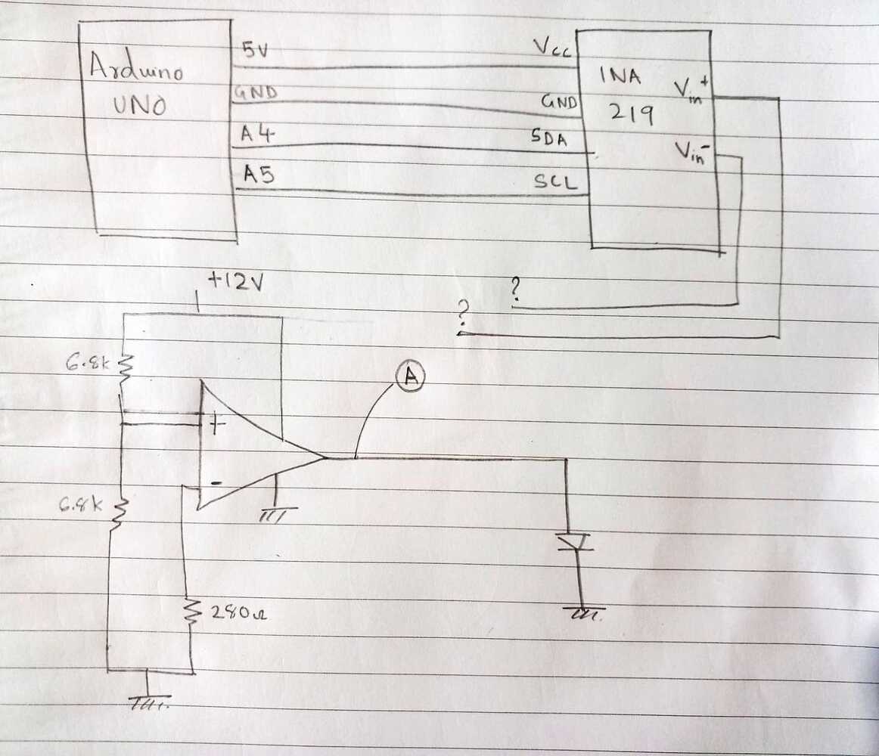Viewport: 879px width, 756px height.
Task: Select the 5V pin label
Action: click(x=253, y=51)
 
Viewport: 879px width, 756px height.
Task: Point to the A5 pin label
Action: click(x=258, y=175)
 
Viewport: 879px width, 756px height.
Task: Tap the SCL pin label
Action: click(x=556, y=181)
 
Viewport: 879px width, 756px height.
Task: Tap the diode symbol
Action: click(x=574, y=542)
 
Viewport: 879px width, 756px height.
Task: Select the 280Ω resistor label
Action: click(x=235, y=614)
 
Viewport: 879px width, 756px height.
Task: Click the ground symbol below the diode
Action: click(x=582, y=613)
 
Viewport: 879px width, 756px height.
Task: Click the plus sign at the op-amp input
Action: click(x=217, y=425)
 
